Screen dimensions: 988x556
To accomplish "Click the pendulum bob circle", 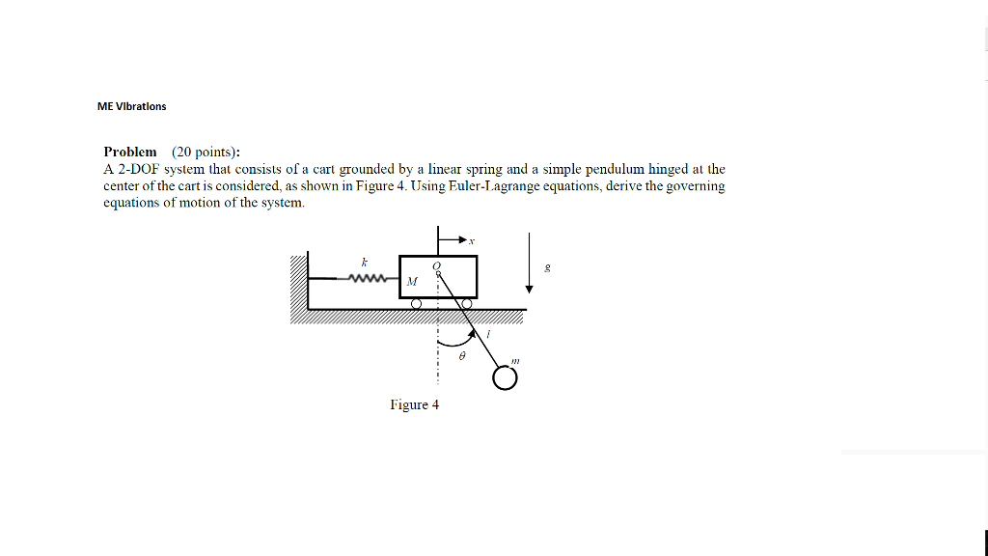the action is (x=505, y=378).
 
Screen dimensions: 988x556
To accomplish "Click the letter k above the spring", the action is (x=365, y=262).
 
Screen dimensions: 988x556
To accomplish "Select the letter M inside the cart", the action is (x=412, y=282).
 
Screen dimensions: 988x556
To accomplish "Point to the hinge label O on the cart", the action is (x=437, y=264).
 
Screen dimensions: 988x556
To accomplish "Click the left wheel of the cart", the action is (x=416, y=304).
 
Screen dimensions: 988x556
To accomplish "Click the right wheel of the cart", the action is (x=466, y=304).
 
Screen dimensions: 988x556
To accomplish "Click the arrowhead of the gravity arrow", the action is (x=529, y=289).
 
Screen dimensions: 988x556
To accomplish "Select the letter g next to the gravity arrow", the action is (x=548, y=268).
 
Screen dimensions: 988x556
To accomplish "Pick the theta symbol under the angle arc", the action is (x=462, y=356).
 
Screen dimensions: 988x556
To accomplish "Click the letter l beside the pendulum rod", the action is (x=488, y=334).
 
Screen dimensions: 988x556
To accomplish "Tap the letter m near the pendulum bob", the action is (x=515, y=360).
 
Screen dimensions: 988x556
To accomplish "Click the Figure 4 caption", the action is (x=414, y=404).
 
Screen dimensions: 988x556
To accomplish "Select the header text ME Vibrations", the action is (x=131, y=106).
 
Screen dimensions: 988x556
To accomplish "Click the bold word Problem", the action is (x=130, y=152).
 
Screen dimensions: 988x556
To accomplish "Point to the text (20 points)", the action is (x=206, y=152).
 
